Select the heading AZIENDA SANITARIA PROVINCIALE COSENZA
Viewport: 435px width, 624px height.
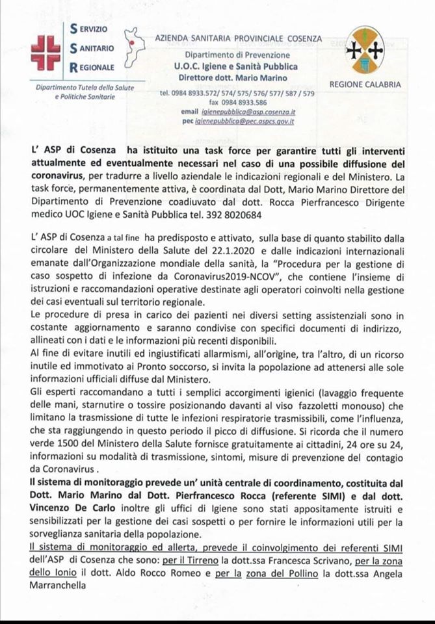(x=237, y=39)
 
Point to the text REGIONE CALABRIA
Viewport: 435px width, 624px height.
(x=365, y=84)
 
